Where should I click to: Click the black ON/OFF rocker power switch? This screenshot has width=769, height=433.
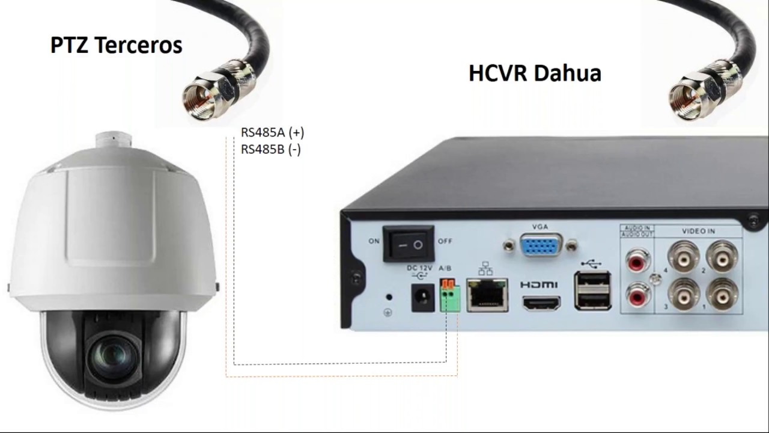tap(409, 244)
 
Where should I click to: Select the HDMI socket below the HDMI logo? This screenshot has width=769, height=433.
tap(541, 302)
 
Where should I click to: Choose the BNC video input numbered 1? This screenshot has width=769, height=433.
tap(722, 293)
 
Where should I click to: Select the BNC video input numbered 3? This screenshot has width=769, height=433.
tap(684, 293)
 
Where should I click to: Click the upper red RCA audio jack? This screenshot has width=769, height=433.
tap(637, 261)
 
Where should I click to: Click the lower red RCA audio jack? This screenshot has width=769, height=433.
tap(637, 296)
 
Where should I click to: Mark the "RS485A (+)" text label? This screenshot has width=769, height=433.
tap(272, 133)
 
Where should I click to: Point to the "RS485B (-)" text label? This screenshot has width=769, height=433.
tap(270, 150)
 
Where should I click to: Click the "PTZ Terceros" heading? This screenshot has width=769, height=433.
tap(116, 46)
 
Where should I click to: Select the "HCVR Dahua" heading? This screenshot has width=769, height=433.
tap(535, 73)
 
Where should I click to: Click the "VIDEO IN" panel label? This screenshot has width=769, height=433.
tap(698, 231)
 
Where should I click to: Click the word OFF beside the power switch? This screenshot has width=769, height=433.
tap(445, 241)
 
